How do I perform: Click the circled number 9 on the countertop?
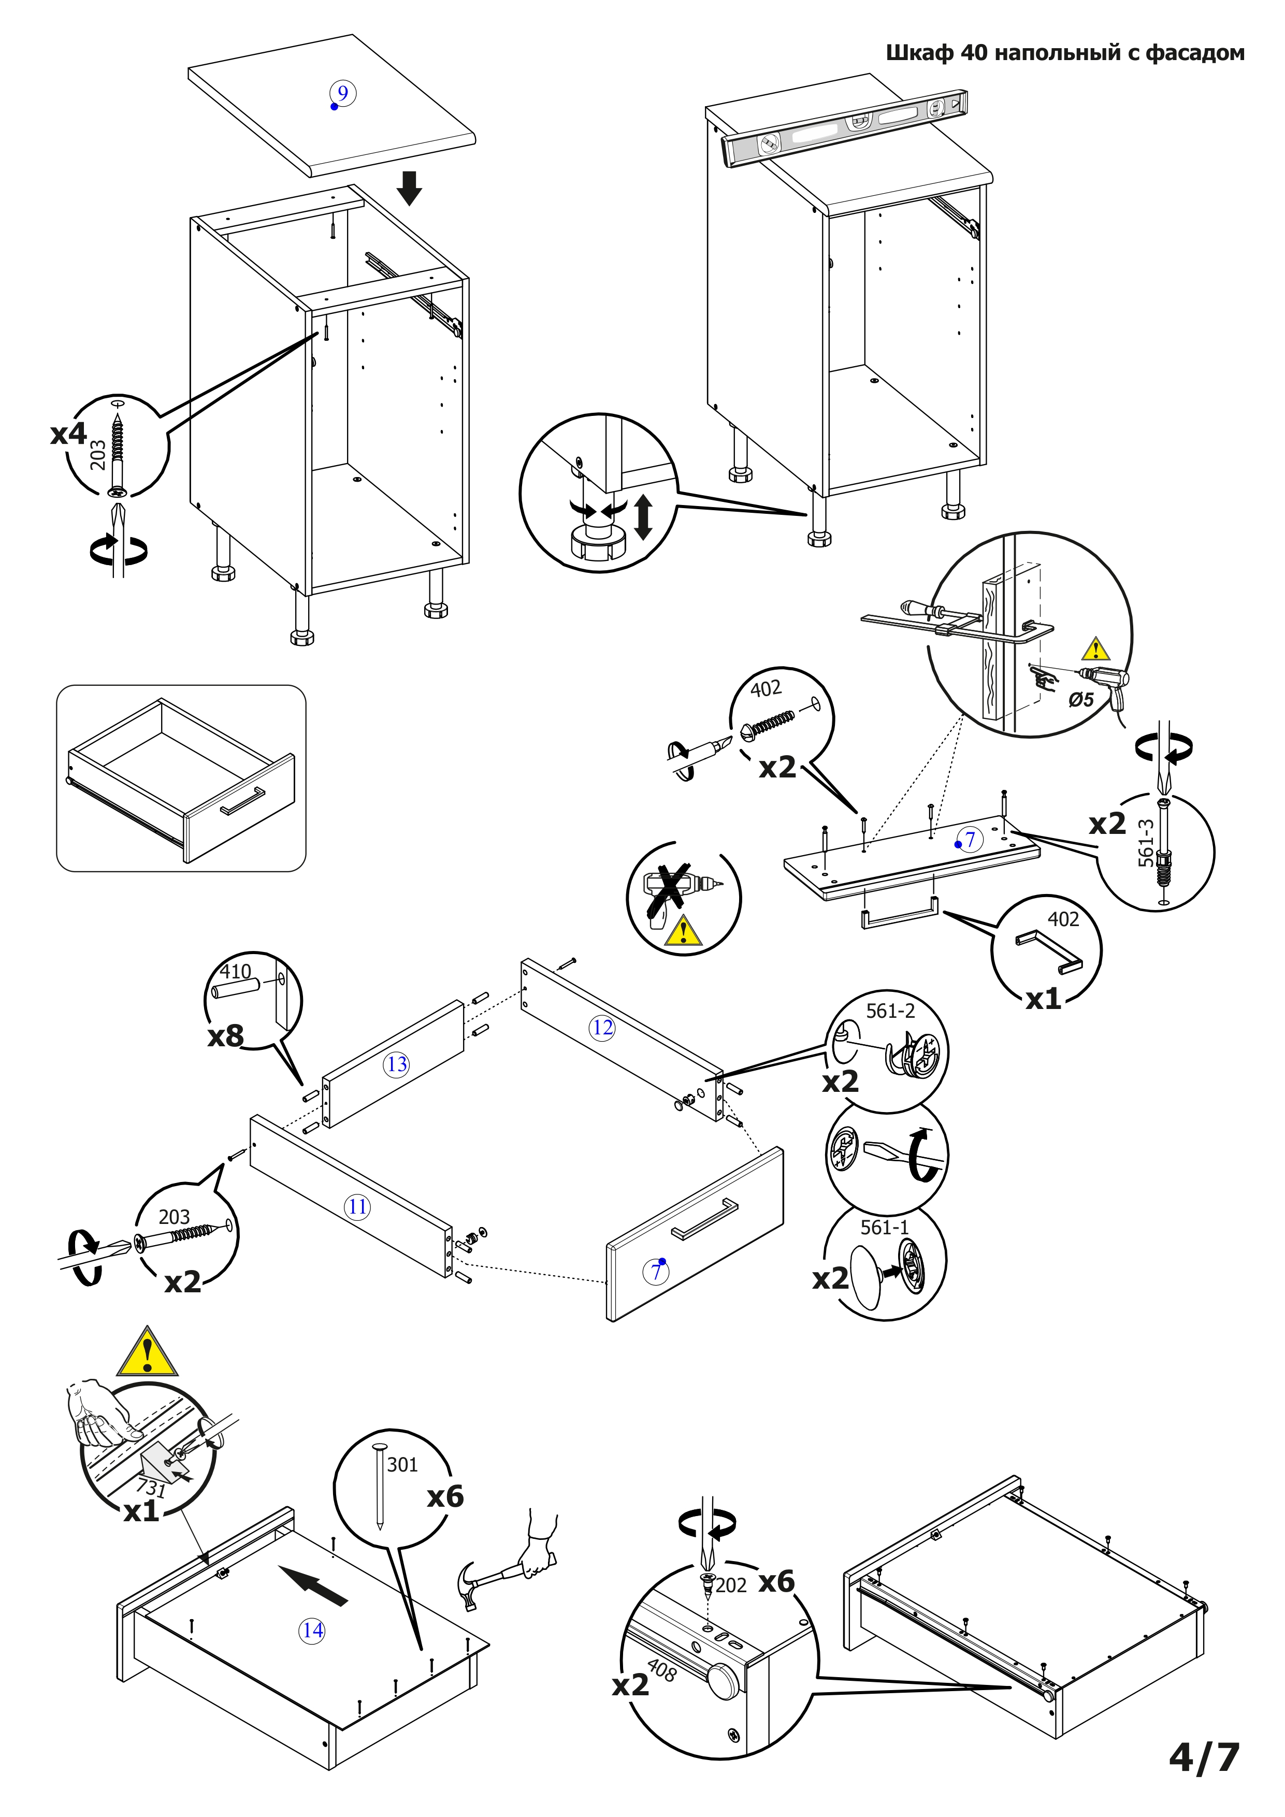(x=342, y=93)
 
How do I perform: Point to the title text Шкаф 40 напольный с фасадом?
(x=1064, y=53)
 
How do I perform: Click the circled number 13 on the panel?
(x=397, y=1064)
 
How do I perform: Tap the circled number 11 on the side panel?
(x=358, y=1207)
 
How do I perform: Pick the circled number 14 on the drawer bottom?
(x=312, y=1630)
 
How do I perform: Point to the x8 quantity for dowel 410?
(x=225, y=1036)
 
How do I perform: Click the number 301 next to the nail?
(x=402, y=1465)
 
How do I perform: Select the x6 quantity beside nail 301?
(x=445, y=1496)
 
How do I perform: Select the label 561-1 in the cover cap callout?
(x=885, y=1228)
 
